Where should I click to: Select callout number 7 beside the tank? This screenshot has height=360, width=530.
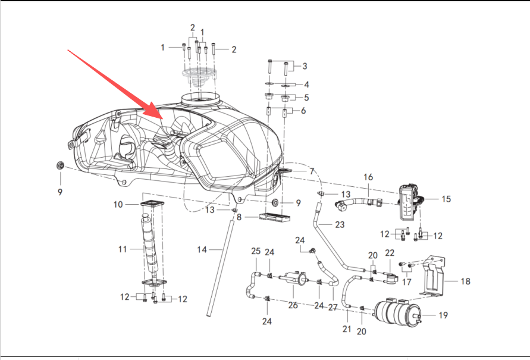point(311,171)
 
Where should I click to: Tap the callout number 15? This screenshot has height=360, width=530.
point(446,199)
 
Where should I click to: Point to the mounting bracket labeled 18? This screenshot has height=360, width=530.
point(434,278)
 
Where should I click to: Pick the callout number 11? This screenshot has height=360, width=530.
point(122,249)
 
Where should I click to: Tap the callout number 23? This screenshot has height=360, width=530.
point(339,225)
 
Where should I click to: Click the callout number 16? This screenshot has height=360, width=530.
point(368,177)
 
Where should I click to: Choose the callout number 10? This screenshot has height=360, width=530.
point(118,205)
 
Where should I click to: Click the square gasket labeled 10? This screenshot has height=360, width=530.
point(153,205)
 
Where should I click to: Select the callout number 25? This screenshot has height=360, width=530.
point(256,251)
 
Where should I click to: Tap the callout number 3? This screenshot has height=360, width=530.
point(305,66)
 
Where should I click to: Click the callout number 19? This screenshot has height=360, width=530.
point(443,315)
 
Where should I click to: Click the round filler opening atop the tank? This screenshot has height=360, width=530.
point(200,98)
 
